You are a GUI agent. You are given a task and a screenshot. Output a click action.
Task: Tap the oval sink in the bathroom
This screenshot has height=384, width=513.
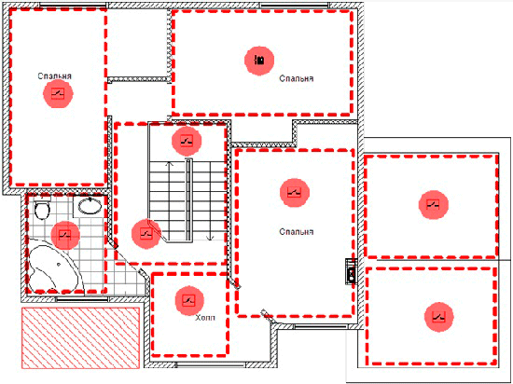pos(90,206)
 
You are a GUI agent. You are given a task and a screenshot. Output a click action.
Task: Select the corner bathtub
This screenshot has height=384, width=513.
pos(54,265)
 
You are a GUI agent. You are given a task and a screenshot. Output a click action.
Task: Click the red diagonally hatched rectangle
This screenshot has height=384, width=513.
pos(81,338)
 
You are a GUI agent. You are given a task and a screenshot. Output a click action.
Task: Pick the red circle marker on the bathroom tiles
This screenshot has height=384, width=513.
pos(65,235)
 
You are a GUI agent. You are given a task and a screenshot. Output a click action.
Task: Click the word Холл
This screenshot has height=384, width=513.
pos(205,318)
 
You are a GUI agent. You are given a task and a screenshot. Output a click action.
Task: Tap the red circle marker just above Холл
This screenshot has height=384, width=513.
pos(189,301)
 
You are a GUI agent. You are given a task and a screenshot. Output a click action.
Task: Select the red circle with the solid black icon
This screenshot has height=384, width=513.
pos(259,61)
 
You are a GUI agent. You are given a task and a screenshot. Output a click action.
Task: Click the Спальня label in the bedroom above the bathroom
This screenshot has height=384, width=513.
pos(55,76)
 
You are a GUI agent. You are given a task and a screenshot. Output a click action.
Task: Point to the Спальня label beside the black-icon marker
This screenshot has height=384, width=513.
pos(297,79)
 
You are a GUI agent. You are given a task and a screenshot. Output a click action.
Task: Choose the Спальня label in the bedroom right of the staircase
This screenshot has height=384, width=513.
pos(297,232)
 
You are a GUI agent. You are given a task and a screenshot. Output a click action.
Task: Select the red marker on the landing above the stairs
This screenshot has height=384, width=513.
pos(187,141)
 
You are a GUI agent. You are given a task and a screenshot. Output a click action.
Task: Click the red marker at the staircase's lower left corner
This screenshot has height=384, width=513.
pos(146,234)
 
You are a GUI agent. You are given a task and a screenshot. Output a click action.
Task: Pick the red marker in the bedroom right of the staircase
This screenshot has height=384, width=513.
pos(295,193)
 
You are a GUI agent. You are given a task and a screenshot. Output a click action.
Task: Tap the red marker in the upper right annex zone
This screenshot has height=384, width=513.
pos(434,204)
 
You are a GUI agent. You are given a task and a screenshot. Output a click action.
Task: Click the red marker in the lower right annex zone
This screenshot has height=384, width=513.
pos(438,317)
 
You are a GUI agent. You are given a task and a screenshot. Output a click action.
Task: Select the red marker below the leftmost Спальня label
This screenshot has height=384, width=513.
pos(58,94)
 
